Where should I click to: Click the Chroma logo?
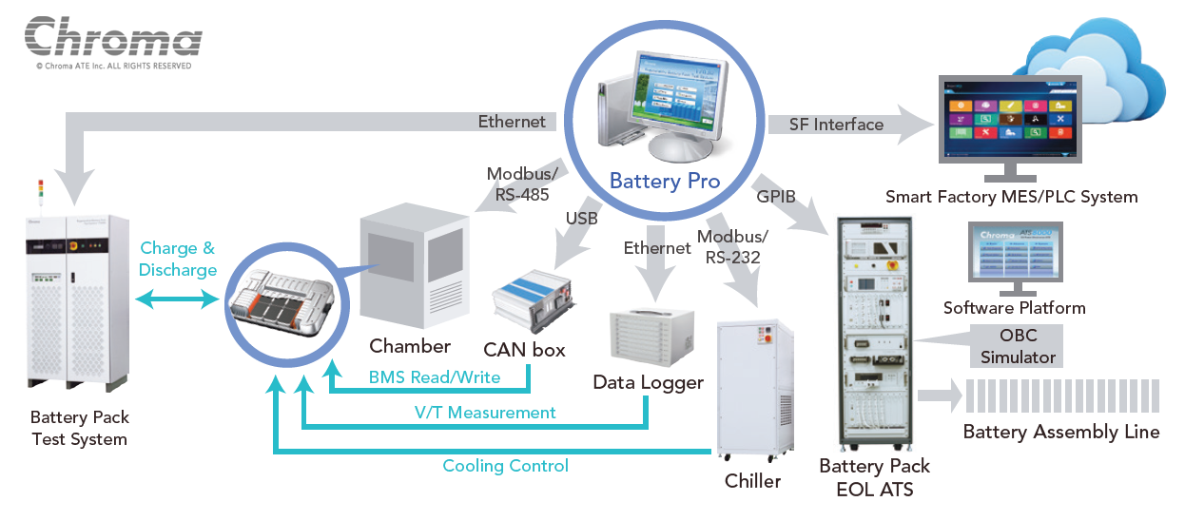click(113, 38)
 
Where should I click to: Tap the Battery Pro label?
click(664, 181)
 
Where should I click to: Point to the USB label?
click(581, 220)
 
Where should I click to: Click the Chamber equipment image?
click(415, 271)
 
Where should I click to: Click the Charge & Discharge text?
click(177, 259)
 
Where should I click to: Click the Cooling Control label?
click(505, 466)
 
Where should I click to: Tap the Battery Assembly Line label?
click(1061, 432)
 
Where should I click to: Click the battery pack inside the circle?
click(282, 301)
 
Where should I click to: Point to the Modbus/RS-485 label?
click(518, 184)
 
